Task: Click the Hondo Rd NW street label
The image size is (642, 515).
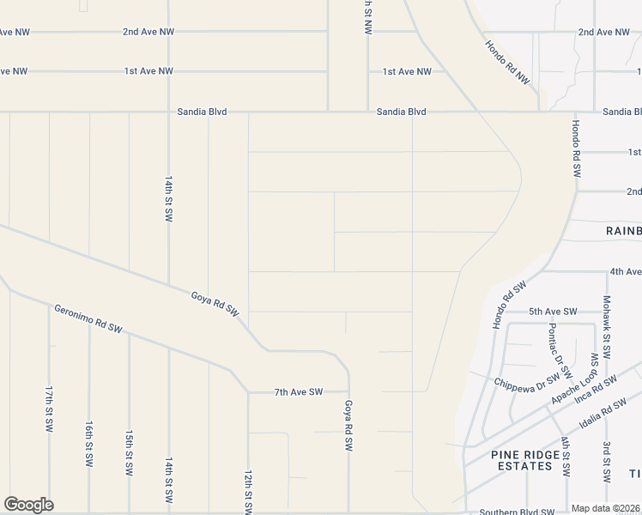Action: click(507, 63)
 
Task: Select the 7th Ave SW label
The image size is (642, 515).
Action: click(299, 392)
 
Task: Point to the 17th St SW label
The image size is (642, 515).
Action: click(50, 409)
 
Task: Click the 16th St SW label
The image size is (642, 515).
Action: click(89, 443)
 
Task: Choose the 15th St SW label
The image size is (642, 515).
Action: click(130, 453)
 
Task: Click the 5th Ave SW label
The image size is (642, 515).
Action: click(553, 312)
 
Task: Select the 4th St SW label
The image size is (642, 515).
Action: click(566, 457)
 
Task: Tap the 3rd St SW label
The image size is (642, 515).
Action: click(606, 461)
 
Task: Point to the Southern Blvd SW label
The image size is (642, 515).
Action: click(517, 512)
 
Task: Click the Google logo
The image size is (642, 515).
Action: click(28, 505)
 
